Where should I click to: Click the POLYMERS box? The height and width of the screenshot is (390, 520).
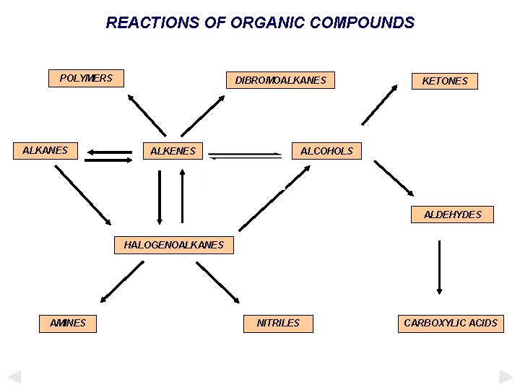tap(86, 78)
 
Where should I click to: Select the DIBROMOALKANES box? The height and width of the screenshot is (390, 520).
tap(280, 80)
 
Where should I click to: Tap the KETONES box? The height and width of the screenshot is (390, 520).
tap(444, 81)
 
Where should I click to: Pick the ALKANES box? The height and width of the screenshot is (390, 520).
tap(45, 151)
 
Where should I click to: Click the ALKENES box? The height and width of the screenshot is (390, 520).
tap(172, 151)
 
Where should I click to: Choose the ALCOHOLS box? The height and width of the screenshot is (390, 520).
tap(326, 151)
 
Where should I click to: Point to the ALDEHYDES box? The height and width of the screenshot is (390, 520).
tap(452, 214)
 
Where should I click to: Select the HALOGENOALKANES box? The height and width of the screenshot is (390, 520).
tap(173, 245)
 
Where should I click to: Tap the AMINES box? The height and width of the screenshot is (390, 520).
tap(68, 323)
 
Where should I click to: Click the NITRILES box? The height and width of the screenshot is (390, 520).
tap(278, 323)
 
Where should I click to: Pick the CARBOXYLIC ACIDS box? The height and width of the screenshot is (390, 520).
tap(451, 323)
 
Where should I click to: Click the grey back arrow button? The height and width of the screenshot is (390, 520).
tap(14, 376)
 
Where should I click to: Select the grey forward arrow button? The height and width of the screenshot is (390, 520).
tap(506, 376)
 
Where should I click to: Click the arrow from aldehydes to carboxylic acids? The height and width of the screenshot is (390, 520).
tap(438, 267)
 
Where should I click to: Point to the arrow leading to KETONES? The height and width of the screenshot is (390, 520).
tap(379, 105)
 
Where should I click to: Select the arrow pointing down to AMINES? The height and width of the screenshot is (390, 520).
tap(121, 282)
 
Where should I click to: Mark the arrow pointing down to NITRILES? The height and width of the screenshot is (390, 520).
tap(217, 282)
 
